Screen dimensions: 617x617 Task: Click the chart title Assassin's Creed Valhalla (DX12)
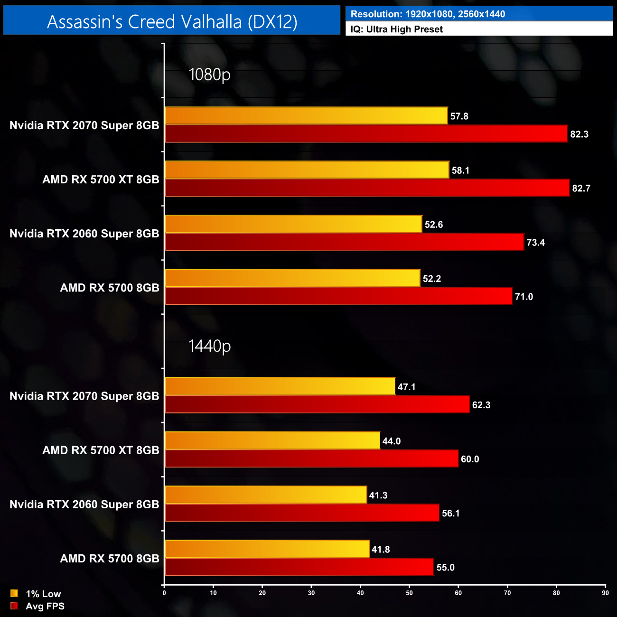point(172,21)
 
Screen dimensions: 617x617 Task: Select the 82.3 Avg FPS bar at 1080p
point(366,134)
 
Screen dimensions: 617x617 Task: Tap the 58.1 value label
point(460,170)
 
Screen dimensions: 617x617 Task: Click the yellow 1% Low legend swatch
point(14,593)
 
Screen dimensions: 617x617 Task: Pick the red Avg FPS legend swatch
point(14,606)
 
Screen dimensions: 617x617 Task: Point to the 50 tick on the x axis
point(409,593)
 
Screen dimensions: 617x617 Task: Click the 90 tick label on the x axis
point(605,593)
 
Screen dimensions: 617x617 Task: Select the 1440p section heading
point(209,346)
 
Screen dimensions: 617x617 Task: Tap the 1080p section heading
point(209,75)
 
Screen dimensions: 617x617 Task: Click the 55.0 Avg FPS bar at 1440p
point(299,567)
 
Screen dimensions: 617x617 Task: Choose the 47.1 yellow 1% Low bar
point(280,387)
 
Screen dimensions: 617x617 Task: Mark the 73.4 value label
point(535,243)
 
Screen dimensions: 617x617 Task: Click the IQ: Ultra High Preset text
point(396,29)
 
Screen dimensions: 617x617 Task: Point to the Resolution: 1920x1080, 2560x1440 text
point(428,14)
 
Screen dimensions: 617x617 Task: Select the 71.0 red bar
point(338,297)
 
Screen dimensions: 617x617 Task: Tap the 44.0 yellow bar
point(272,441)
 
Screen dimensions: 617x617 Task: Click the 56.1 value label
point(450,513)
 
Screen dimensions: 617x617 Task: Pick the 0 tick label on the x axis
point(164,593)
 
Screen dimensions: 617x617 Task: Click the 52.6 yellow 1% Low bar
point(293,224)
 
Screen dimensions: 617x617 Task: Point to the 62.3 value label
point(481,405)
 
